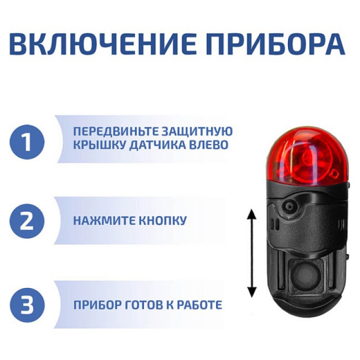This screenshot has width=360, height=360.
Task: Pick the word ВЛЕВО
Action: point(208,146)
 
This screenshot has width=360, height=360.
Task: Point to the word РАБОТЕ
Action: point(199,305)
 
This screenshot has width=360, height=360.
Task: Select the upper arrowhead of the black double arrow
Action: point(251,215)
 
